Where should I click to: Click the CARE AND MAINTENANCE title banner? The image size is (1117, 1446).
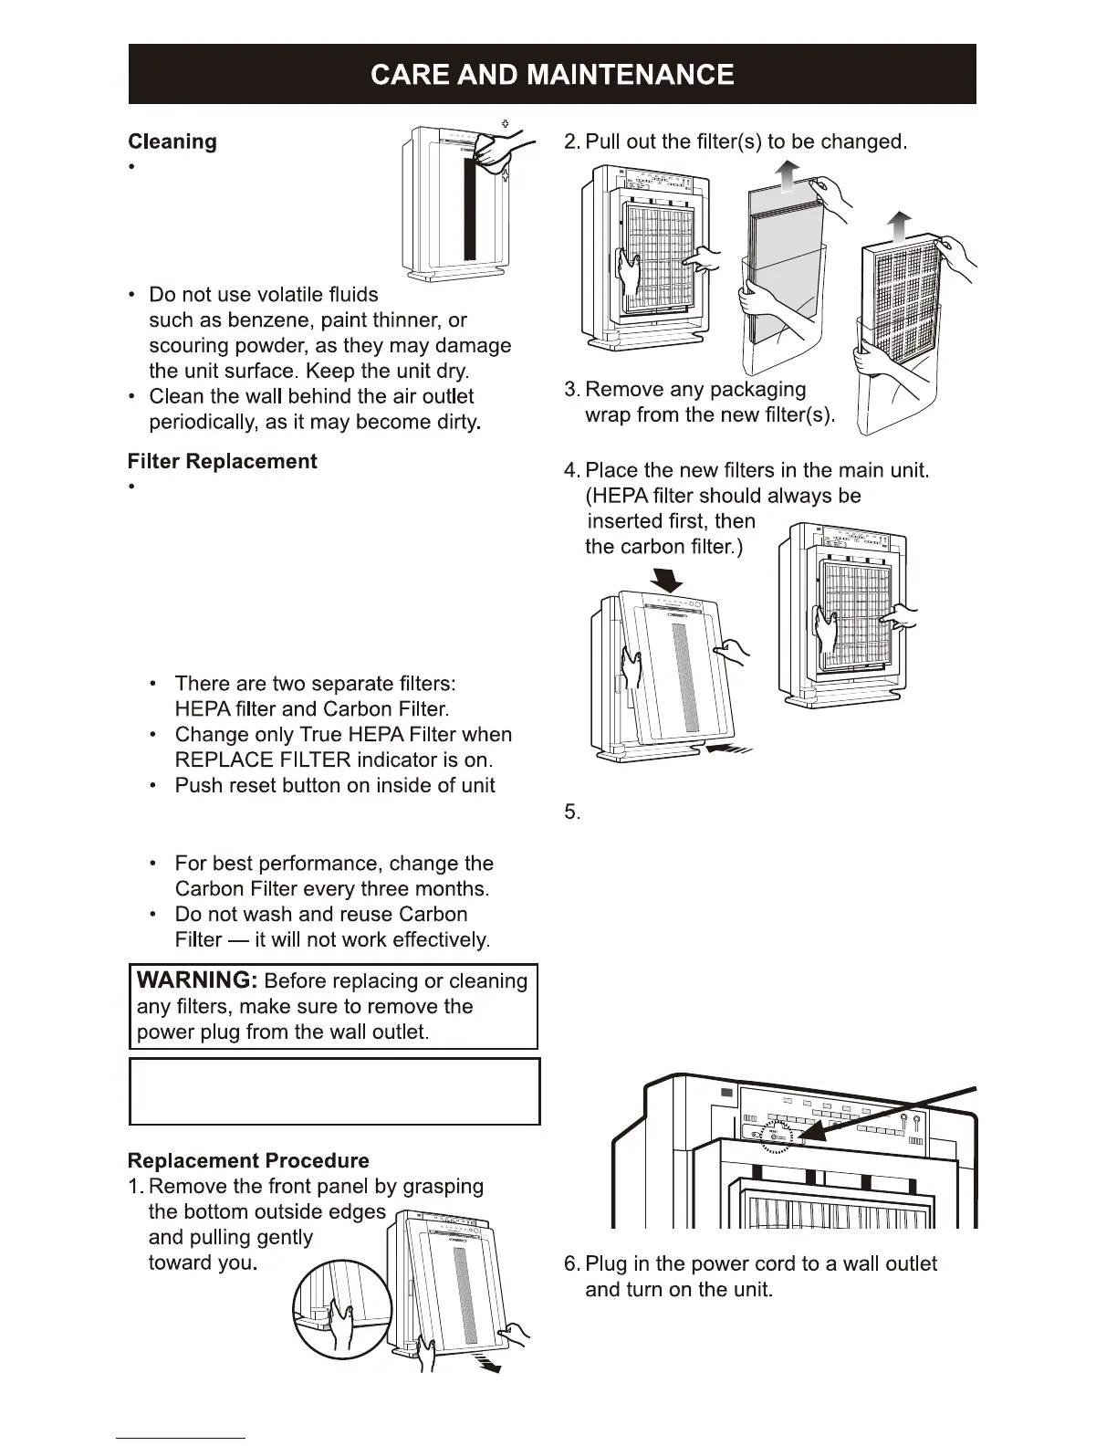[552, 74]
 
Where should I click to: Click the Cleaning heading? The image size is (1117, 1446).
[172, 141]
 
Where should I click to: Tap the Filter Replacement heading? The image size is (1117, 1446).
[222, 461]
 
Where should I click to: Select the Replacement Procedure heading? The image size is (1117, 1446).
[248, 1160]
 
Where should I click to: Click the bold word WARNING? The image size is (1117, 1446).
[196, 980]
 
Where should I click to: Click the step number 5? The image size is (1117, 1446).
[571, 812]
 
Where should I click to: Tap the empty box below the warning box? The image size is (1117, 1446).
[335, 1091]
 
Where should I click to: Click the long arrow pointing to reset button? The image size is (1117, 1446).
[894, 1112]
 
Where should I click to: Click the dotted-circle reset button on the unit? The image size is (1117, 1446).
[777, 1137]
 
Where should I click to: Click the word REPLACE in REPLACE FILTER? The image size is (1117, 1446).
[218, 760]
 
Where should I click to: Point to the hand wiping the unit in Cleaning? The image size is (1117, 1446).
[497, 145]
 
